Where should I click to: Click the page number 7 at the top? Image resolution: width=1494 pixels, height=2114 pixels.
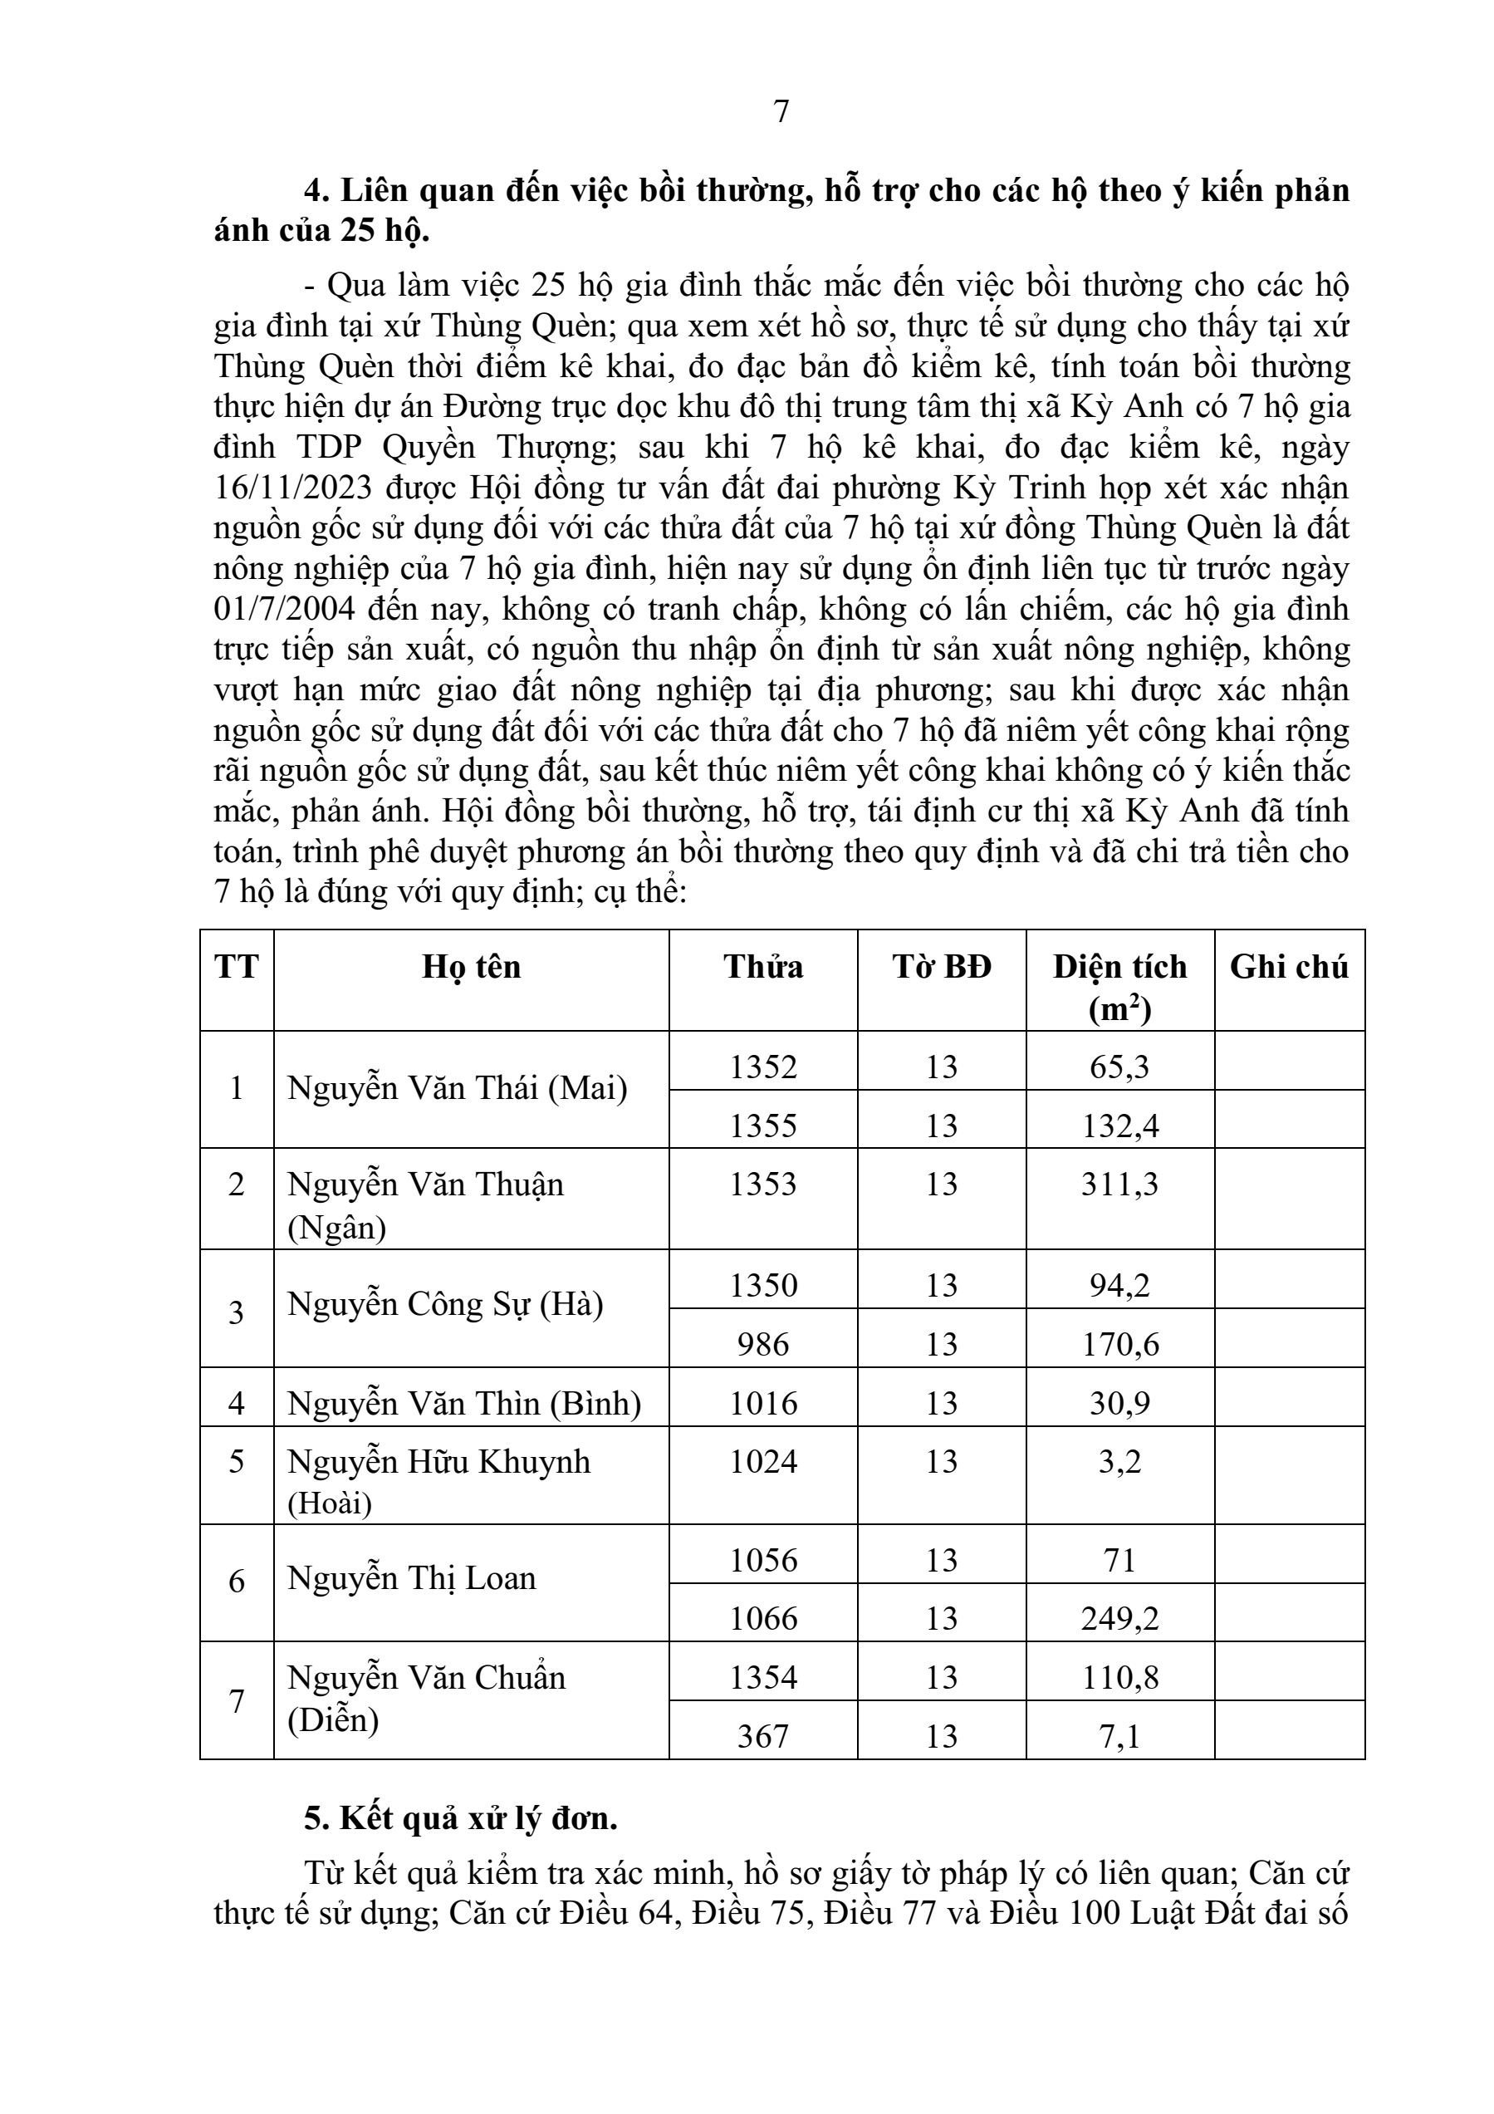coord(781,111)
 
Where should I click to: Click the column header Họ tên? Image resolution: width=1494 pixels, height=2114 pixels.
coord(472,968)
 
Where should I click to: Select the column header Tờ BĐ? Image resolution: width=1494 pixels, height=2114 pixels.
coord(942,968)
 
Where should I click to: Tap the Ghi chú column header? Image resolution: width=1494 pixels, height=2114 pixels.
coord(1289,968)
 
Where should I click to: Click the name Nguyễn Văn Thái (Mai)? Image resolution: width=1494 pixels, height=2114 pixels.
coord(458,1089)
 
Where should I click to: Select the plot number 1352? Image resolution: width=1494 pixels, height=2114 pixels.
coord(763,1067)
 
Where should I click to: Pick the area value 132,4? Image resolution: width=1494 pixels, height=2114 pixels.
coord(1119,1126)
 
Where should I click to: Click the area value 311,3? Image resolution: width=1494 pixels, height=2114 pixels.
coord(1119,1184)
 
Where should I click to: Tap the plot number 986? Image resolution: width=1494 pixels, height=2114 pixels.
coord(763,1344)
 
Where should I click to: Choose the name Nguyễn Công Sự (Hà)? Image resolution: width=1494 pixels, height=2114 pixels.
coord(445,1305)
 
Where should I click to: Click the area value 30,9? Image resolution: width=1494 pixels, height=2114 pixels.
coord(1119,1403)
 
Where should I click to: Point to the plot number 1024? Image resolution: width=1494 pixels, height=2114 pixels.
coord(763,1462)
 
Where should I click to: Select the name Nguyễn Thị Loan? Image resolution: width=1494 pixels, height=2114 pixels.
coord(411,1579)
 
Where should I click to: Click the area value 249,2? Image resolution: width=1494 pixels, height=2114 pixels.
coord(1119,1619)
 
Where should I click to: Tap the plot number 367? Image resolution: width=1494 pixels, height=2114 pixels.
coord(763,1737)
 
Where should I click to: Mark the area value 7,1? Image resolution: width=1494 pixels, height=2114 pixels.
coord(1119,1737)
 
